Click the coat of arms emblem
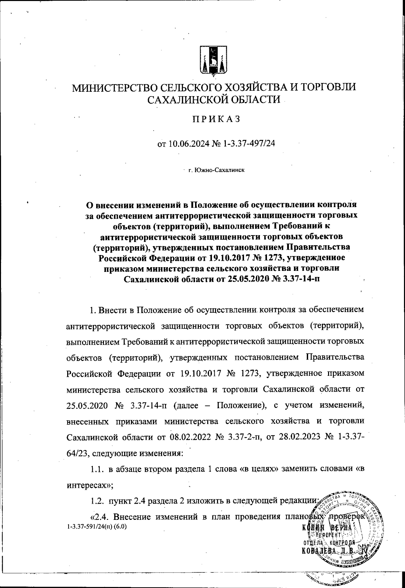(x=213, y=60)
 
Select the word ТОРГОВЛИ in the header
(x=325, y=87)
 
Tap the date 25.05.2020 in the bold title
(x=243, y=279)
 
